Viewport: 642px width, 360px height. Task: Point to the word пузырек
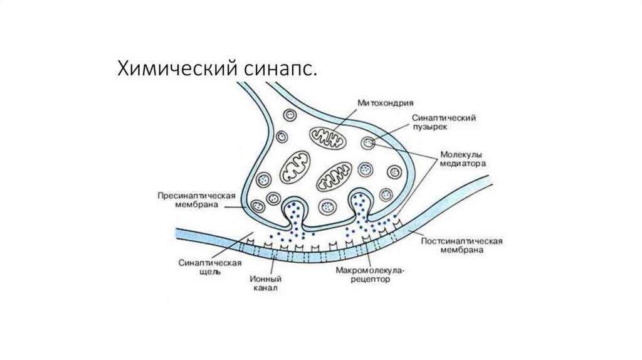[x=428, y=127]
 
